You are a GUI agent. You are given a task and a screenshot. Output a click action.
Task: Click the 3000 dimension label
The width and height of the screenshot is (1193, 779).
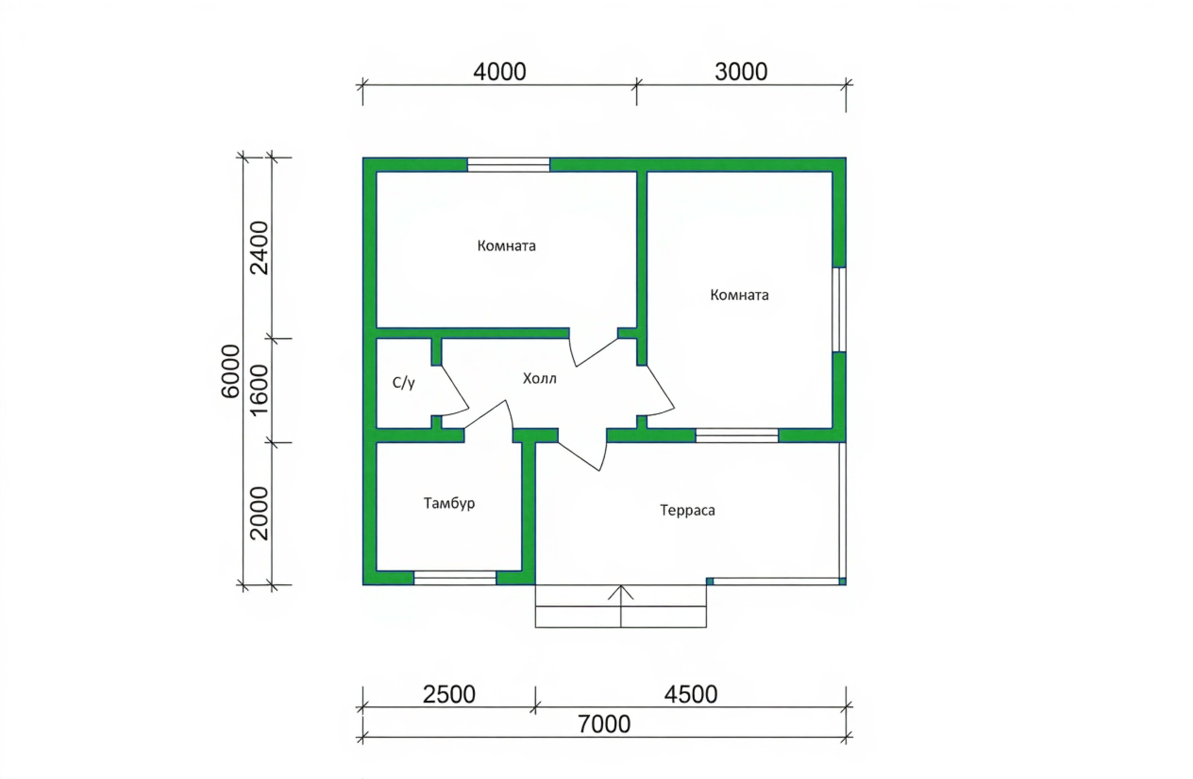740,72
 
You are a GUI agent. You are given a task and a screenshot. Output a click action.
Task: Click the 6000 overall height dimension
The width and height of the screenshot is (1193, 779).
231,371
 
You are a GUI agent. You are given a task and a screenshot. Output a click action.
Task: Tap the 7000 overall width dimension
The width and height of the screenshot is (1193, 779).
604,724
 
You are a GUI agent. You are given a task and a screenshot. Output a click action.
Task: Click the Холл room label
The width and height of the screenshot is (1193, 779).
539,378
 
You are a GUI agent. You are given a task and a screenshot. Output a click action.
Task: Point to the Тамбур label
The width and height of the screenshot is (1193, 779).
449,503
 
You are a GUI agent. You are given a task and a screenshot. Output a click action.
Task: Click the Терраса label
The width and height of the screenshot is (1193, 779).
687,511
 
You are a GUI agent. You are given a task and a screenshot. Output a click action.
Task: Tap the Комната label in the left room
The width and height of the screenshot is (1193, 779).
506,245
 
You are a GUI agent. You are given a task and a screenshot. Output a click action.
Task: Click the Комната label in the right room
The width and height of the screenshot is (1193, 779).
739,295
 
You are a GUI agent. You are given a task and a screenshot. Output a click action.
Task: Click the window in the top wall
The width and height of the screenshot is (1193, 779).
508,165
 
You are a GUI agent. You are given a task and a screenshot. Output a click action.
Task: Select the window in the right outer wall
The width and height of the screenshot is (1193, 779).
839,309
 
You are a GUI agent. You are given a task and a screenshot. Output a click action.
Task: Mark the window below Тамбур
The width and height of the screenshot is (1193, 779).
455,577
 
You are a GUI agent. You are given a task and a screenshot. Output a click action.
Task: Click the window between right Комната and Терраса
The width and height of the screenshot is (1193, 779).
737,436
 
